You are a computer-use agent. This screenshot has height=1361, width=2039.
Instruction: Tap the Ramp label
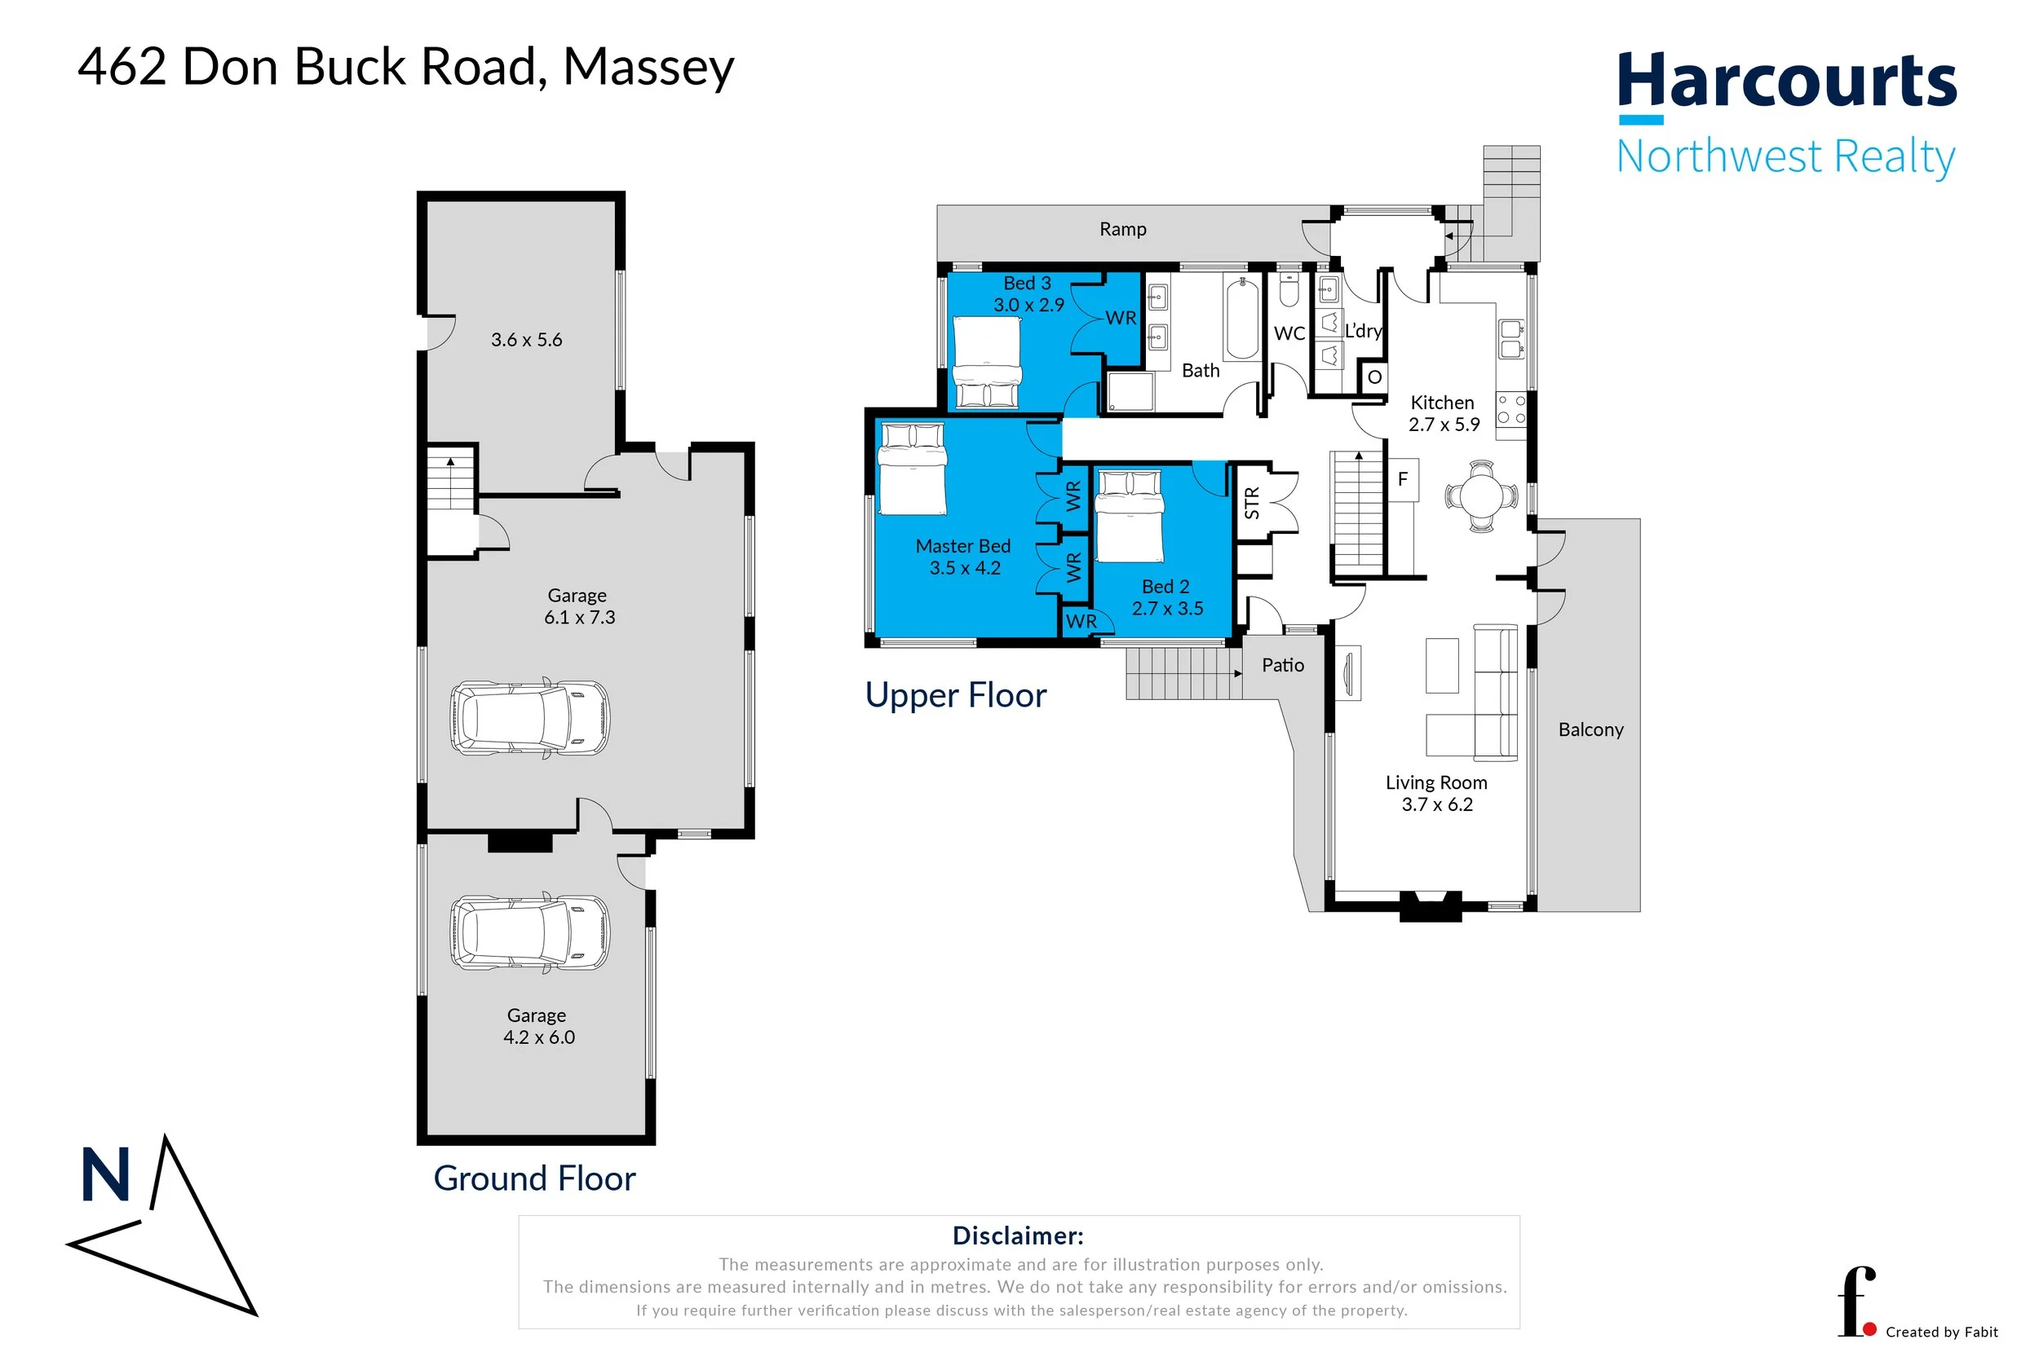tap(1122, 229)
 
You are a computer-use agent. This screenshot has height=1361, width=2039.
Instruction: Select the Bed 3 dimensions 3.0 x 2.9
tap(1028, 306)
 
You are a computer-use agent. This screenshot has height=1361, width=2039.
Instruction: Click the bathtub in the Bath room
tap(1241, 318)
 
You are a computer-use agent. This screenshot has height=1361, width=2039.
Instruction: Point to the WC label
tap(1289, 333)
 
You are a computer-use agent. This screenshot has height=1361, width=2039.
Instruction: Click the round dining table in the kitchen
tap(1481, 496)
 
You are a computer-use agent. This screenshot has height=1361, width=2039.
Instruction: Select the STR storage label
tap(1251, 504)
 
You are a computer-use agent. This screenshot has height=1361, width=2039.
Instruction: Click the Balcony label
tap(1590, 730)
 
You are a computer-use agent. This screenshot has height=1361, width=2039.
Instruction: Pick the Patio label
tap(1282, 665)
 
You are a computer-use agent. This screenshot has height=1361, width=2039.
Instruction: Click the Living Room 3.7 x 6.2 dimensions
tap(1436, 804)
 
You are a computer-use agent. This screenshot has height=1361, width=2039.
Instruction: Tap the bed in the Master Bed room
tap(911, 469)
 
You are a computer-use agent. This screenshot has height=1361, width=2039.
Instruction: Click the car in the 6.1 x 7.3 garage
tap(529, 718)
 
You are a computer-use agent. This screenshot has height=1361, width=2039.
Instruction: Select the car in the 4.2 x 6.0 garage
tap(529, 933)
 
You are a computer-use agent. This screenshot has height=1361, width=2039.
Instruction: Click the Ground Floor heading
tap(534, 1178)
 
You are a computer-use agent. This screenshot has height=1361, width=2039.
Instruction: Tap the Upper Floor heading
tap(955, 695)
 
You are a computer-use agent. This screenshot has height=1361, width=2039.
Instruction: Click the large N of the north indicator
tap(105, 1175)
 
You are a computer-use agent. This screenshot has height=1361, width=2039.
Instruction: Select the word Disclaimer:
tap(1017, 1235)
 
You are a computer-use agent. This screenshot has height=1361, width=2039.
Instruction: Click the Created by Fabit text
tap(1941, 1332)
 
